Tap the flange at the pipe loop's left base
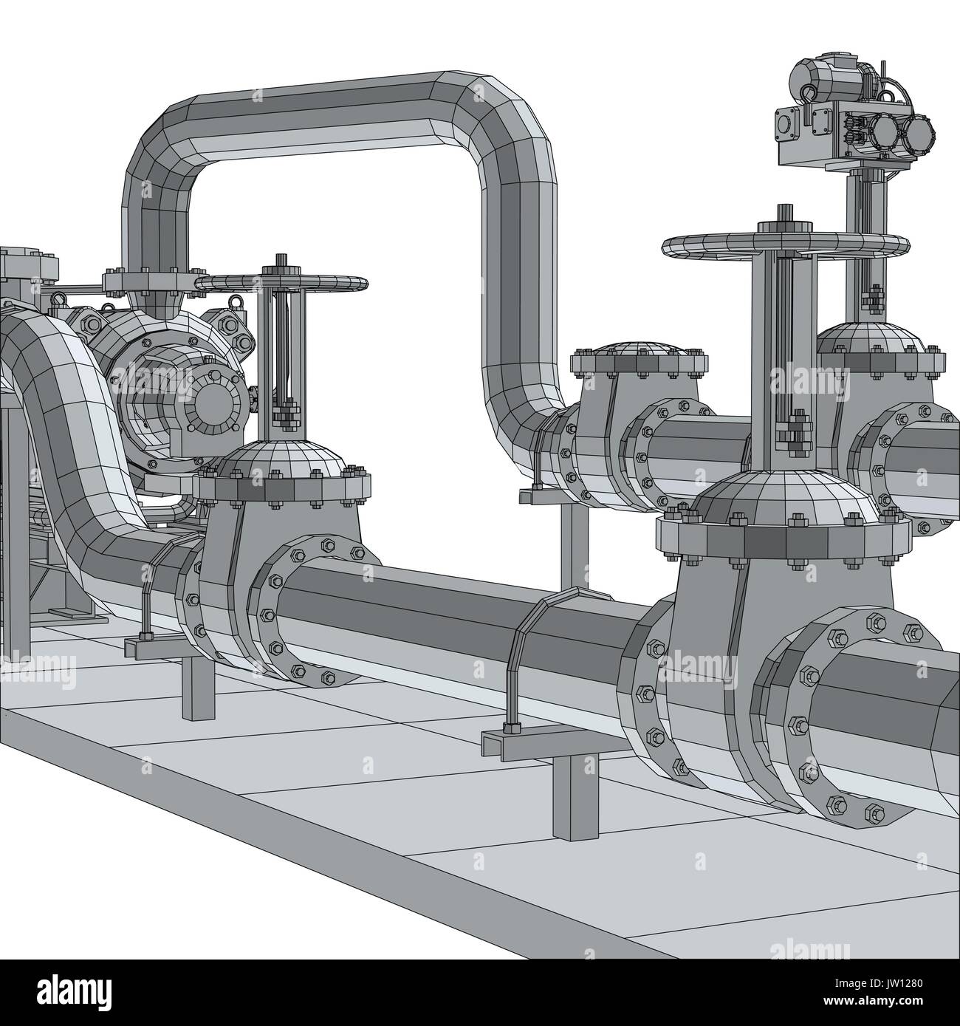pyautogui.click(x=148, y=281)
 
